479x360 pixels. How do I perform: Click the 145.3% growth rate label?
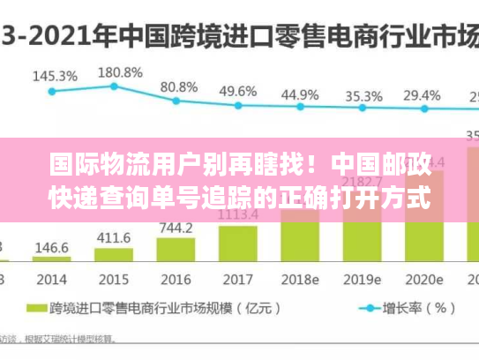point(55,77)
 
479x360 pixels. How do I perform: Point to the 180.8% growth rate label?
point(119,72)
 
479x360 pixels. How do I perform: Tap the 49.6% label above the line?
point(237,91)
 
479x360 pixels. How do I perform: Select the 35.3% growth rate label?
point(363,95)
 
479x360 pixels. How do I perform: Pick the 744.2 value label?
point(176,227)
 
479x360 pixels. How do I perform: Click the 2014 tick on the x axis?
point(51,279)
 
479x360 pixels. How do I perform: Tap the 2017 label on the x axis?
point(237,279)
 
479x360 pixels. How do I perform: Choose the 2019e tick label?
point(363,279)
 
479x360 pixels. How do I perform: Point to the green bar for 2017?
point(237,244)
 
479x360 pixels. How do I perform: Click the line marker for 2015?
point(114,86)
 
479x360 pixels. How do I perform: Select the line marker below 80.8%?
point(176,100)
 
